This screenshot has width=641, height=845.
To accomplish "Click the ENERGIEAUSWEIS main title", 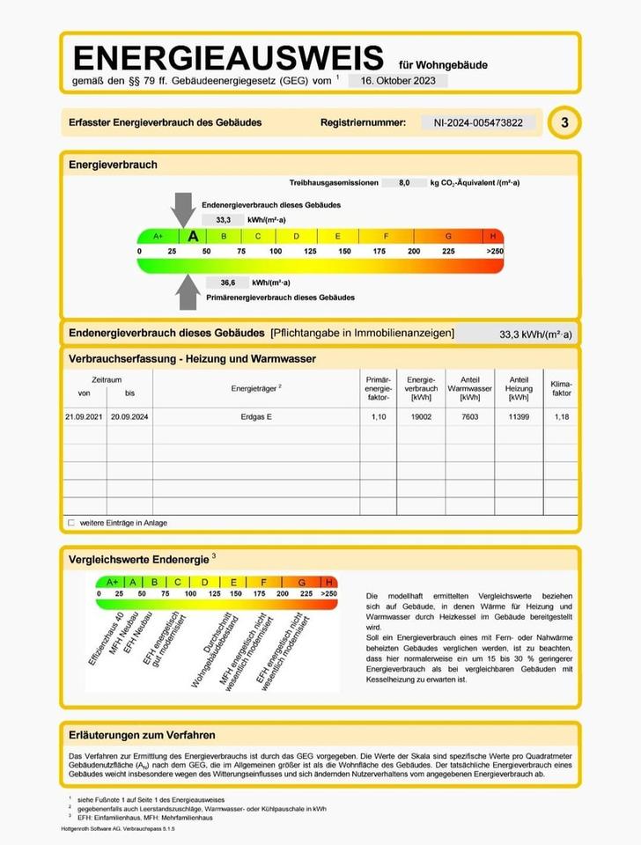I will (229, 58).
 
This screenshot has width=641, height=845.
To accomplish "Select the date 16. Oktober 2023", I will (397, 80).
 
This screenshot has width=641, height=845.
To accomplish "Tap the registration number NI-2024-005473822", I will (478, 122).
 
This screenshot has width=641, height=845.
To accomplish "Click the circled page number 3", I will (564, 123).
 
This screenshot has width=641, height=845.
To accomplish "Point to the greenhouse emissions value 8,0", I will (404, 182).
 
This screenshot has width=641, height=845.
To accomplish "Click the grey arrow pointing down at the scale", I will (183, 209).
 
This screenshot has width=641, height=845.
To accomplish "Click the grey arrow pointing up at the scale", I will (187, 291).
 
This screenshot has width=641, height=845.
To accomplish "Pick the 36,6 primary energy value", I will (227, 283).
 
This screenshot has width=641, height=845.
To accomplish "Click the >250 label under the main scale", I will (494, 252).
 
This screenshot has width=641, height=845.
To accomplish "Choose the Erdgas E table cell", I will (256, 416).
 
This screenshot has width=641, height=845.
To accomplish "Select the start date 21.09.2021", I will (84, 416).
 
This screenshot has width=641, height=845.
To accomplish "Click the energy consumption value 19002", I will (421, 416).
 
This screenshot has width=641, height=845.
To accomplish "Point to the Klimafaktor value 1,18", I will (561, 416).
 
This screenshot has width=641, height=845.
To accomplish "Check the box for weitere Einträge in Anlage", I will (71, 523).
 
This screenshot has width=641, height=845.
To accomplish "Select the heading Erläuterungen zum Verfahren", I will (142, 735).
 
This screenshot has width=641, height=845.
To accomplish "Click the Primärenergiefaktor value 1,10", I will (378, 416).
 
